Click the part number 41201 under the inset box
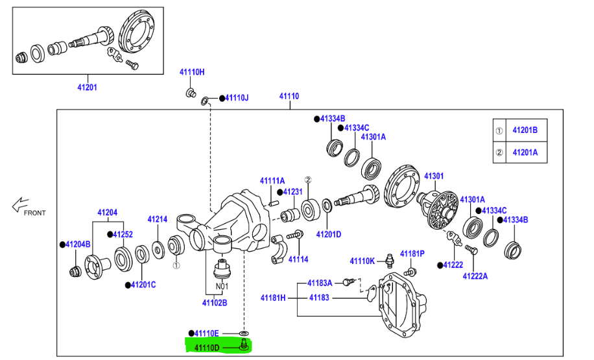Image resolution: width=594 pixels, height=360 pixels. pos(88,86)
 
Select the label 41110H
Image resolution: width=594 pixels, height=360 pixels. pos(192,72)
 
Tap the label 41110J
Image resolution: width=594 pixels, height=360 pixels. pos(237,98)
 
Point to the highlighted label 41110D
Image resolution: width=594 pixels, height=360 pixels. pos(208,348)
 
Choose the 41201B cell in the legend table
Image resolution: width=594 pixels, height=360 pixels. pos(525,130)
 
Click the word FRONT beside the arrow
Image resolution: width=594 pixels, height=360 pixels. pos(35,212)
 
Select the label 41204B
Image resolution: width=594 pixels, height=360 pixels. pos(78,245)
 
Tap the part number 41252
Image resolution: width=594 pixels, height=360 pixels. pos(123,234)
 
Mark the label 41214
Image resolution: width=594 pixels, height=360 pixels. pos(157,219)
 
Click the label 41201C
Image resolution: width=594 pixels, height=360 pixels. pos(143,284)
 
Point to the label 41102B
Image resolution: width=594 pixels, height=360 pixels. pos(214,302)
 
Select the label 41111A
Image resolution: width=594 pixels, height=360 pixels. pos(272,180)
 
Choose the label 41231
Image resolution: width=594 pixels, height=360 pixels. pos(293,192)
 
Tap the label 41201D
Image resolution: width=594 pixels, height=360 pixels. pos(329,234)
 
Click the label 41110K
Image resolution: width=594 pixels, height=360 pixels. pos(362,261)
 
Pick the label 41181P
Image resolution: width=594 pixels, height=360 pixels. pos(412,253)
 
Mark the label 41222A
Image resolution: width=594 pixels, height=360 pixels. pos(475,276)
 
